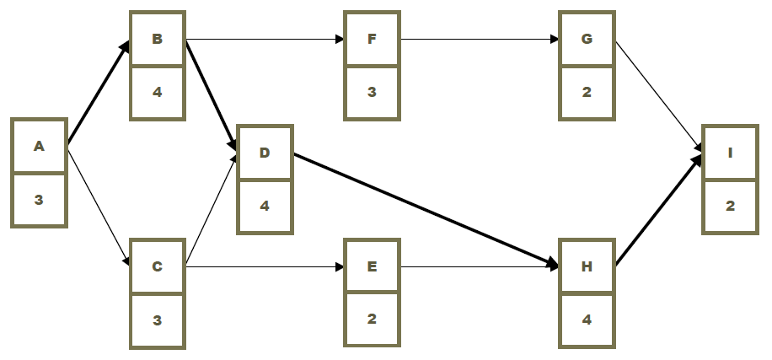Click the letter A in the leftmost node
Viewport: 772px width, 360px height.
pos(39,147)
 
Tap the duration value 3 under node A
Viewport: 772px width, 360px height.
pos(39,200)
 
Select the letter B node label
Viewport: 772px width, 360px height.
pos(157,39)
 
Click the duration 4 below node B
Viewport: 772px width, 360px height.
pos(157,91)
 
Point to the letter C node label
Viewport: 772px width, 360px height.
pos(157,267)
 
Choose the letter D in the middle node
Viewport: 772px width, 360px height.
pos(265,153)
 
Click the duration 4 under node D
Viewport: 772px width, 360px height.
pos(265,205)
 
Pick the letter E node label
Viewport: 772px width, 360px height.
pos(372,267)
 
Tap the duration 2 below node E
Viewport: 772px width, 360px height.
pos(372,320)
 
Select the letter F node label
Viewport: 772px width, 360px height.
pos(372,39)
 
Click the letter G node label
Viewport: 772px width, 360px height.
pos(587,39)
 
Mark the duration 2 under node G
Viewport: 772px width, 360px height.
pos(587,91)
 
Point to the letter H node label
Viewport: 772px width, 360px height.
pos(587,267)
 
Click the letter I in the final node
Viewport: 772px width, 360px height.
pos(730,153)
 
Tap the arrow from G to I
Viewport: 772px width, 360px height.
pos(657,95)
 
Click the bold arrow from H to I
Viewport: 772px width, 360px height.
pos(657,211)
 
